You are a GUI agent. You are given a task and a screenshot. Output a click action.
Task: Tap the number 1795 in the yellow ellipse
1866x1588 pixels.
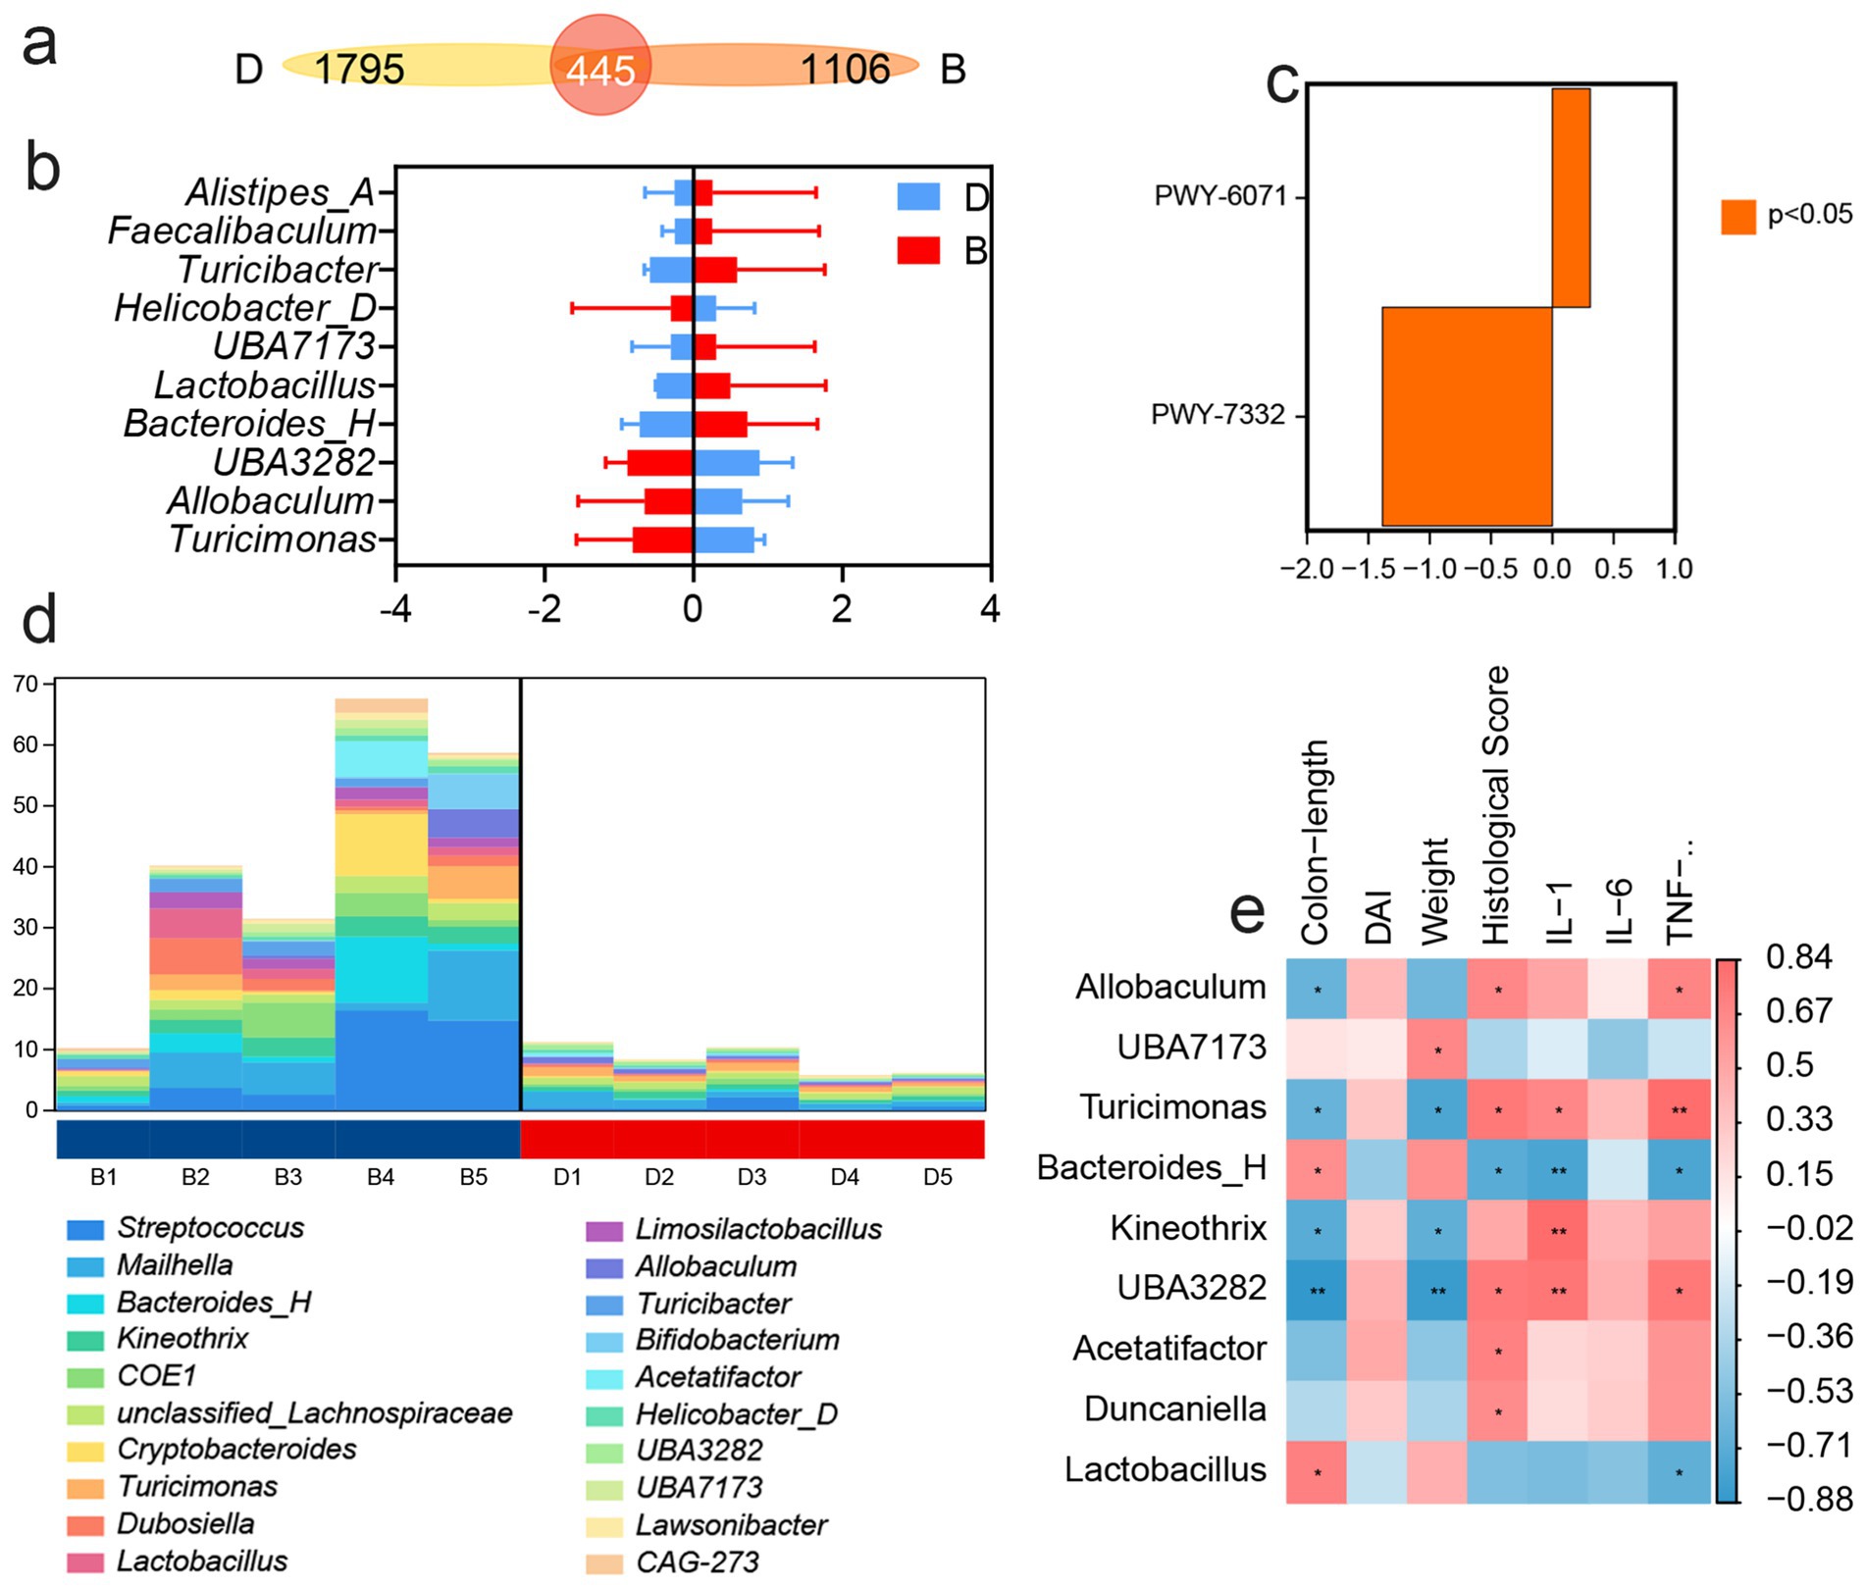tap(359, 69)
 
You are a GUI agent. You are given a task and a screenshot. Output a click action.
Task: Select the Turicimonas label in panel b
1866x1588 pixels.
tap(273, 539)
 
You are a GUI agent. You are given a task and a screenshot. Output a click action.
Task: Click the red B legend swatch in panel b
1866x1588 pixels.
tap(918, 250)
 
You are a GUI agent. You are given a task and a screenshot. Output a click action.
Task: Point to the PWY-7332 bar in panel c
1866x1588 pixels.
tap(1467, 416)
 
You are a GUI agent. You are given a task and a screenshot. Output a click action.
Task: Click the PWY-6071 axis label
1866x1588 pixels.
tap(1219, 196)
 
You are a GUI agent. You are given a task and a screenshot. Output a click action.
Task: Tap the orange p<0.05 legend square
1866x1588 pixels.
tap(1738, 217)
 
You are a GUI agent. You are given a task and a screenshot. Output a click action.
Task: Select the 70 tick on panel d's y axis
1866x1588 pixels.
tap(26, 684)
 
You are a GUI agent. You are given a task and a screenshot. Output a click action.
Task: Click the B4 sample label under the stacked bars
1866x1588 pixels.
tap(380, 1177)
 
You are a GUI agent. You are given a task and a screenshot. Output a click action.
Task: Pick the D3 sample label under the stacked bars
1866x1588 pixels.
tap(752, 1177)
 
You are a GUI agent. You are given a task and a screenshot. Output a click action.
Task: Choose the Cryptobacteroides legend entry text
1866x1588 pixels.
tap(236, 1450)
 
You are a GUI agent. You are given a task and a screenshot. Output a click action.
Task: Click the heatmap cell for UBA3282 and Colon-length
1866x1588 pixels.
tap(1317, 1290)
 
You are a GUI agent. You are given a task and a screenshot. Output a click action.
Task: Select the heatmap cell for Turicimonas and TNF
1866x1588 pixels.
tap(1679, 1109)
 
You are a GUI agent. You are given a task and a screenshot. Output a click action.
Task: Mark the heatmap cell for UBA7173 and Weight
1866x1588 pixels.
tap(1437, 1049)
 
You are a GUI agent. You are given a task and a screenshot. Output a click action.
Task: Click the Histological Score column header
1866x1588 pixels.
tap(1495, 804)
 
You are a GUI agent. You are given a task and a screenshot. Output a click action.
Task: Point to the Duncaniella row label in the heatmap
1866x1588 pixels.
tap(1174, 1409)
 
